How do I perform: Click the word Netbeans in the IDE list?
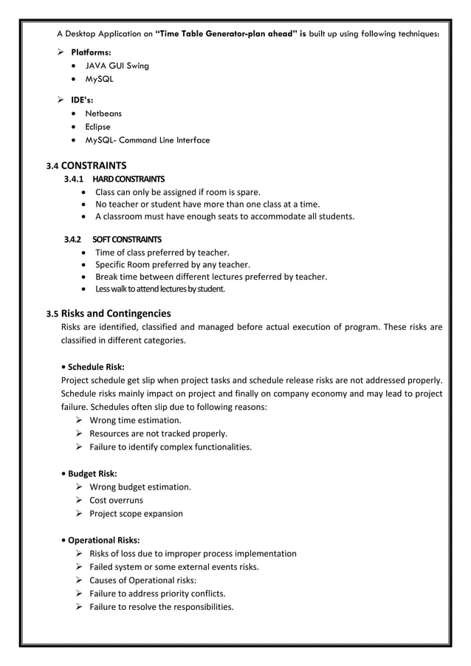pos(103,114)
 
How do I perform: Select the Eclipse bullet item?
pos(98,127)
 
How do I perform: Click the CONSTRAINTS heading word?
pos(94,165)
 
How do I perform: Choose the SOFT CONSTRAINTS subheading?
pos(127,240)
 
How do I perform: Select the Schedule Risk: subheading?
pos(95,367)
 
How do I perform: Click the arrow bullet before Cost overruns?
pos(78,501)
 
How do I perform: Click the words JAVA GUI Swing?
pos(117,66)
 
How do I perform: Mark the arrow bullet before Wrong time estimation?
pos(78,421)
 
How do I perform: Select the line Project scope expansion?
pos(136,514)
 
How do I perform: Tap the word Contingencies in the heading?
pos(140,313)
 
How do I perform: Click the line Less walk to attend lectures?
pos(159,289)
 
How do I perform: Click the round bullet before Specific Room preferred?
pos(86,264)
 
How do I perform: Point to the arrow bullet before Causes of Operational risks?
pos(78,580)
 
